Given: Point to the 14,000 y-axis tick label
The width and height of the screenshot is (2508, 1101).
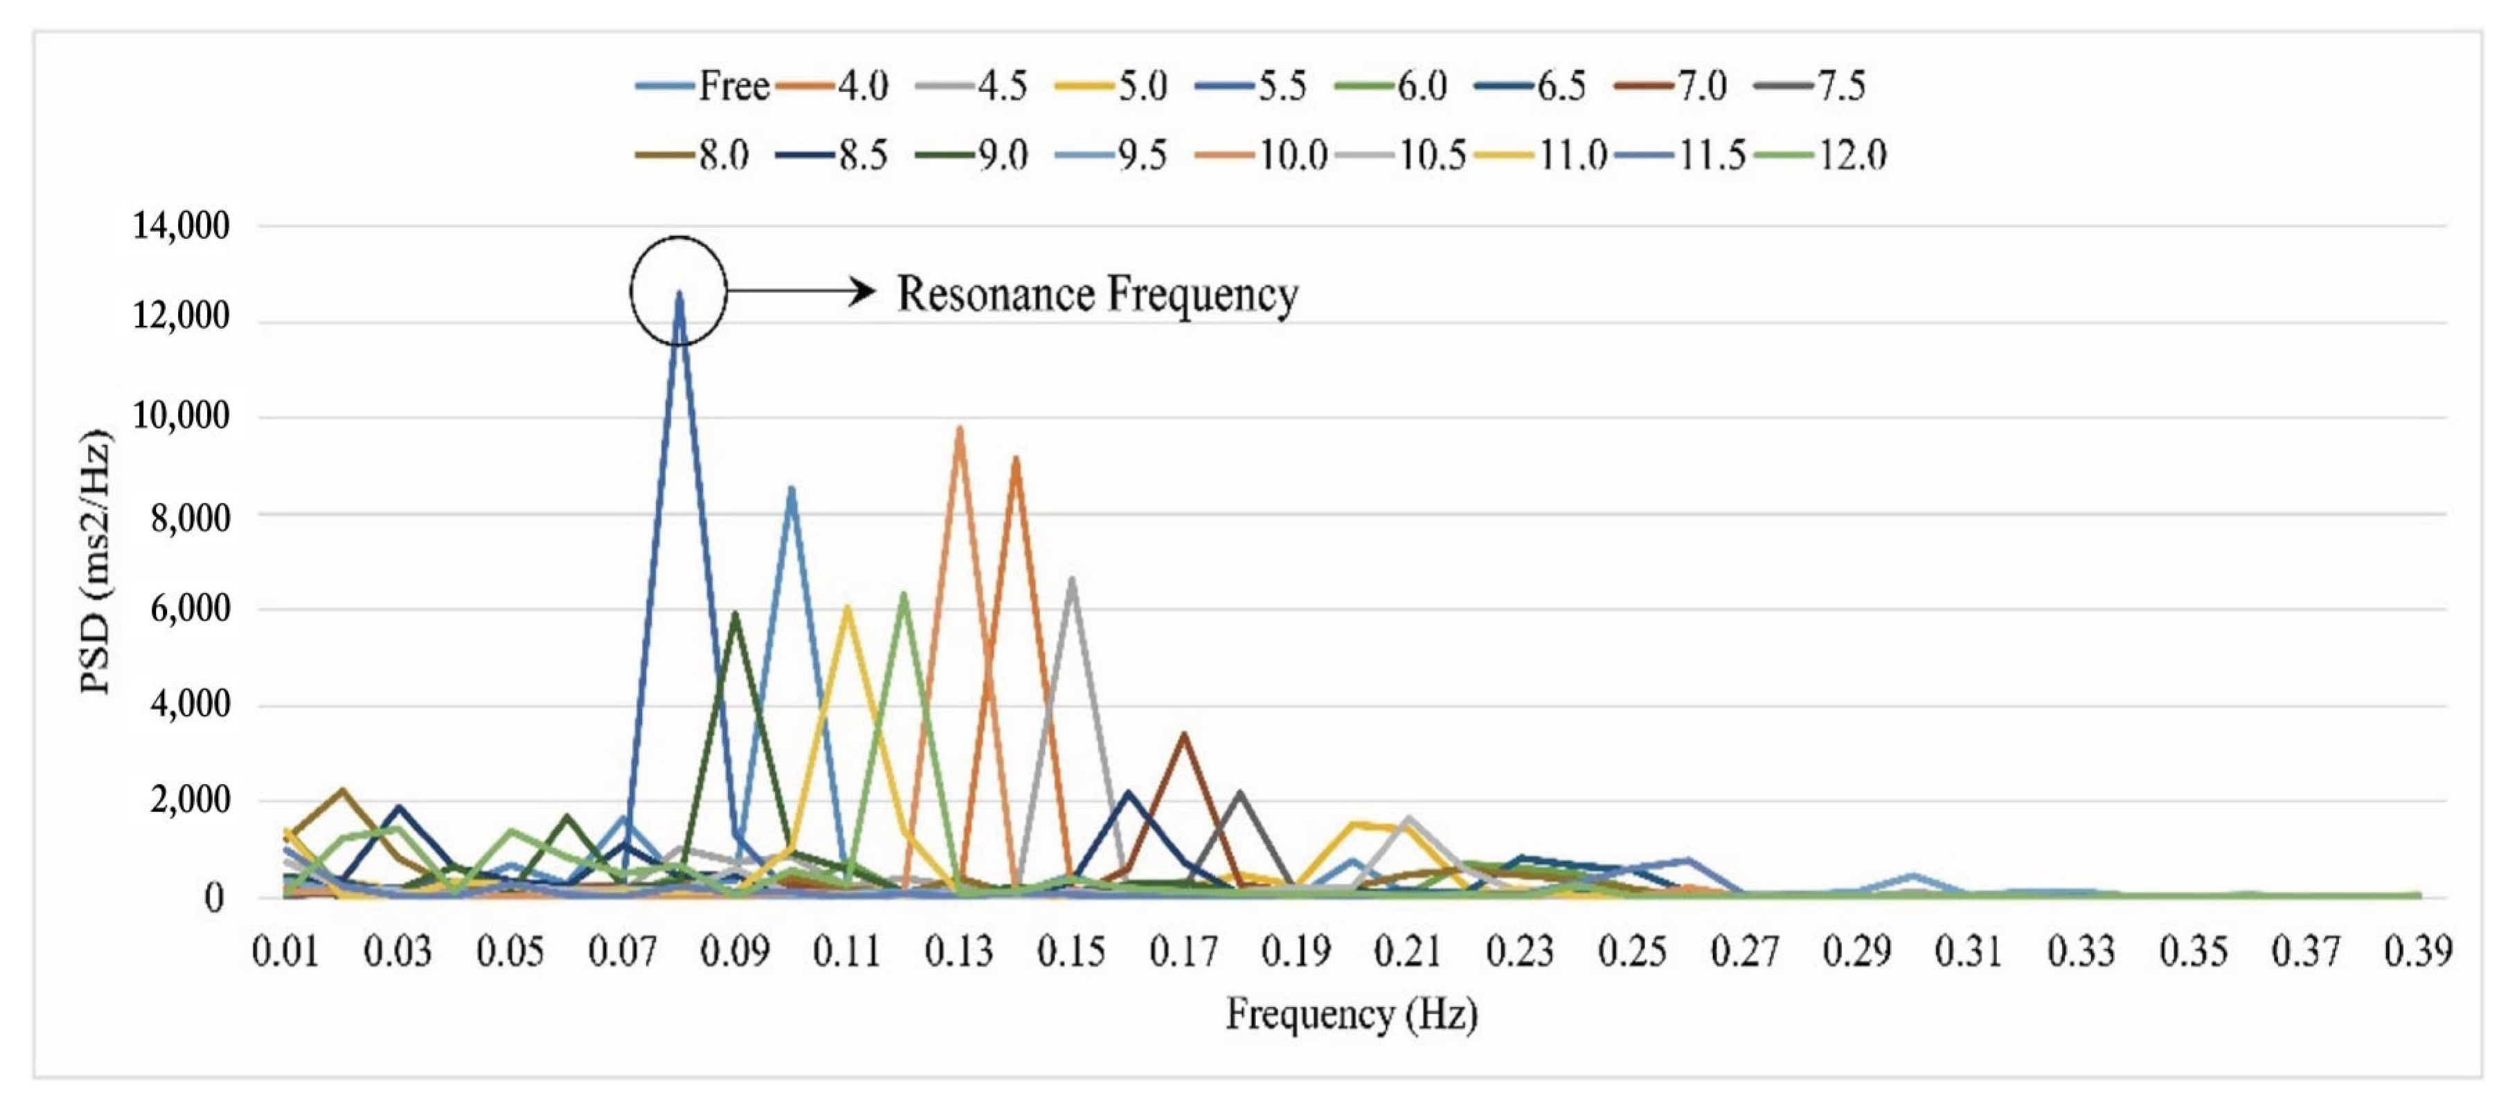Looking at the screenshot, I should coord(181,226).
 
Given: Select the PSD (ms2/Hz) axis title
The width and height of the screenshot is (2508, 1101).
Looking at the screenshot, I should coord(96,561).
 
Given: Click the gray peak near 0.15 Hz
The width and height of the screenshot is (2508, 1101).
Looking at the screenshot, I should coord(1072,580).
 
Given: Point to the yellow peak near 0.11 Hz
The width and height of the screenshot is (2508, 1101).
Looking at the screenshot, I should coord(847,609).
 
